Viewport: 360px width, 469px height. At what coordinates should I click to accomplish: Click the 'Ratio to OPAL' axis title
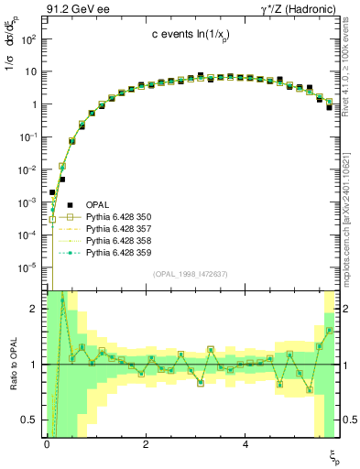point(12,365)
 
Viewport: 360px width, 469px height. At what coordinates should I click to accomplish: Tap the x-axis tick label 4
point(245,444)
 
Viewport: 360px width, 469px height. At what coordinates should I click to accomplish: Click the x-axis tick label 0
point(47,444)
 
